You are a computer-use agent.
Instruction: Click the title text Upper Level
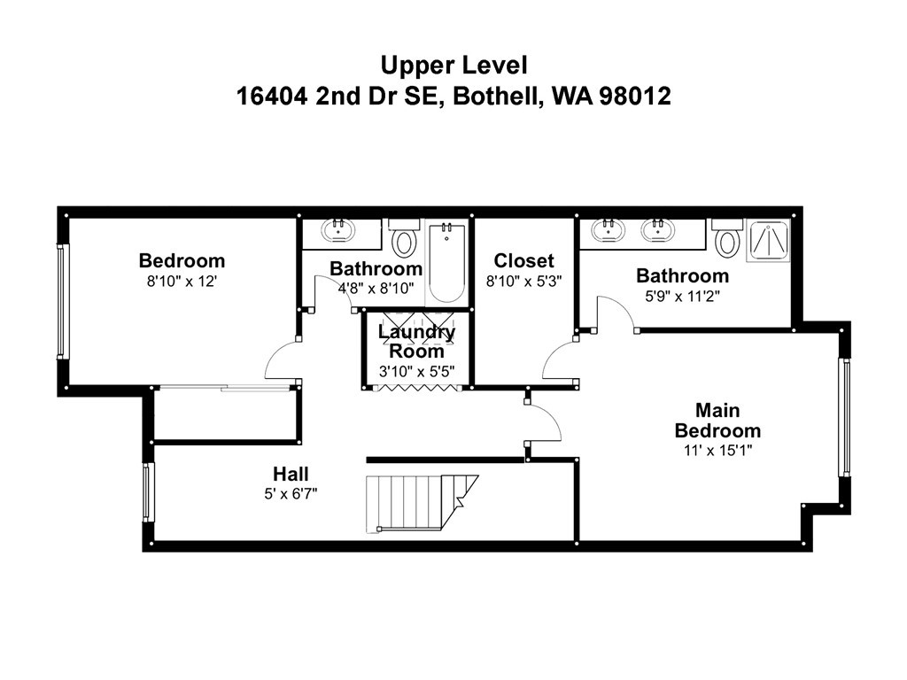point(453,65)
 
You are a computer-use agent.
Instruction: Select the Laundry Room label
point(416,341)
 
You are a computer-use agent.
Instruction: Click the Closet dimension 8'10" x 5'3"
point(523,280)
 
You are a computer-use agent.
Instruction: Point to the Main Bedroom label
point(717,421)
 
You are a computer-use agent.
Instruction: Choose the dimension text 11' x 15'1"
point(717,450)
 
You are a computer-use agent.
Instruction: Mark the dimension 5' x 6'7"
point(291,493)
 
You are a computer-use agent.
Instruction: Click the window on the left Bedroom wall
point(61,301)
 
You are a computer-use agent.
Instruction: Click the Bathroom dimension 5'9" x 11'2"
point(682,296)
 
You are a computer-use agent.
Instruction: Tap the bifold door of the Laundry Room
point(416,388)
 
